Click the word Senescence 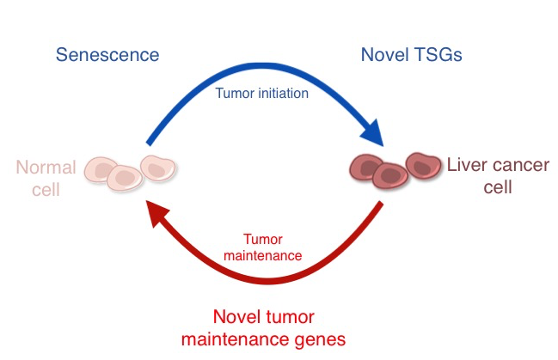[107, 56]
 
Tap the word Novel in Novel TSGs [383, 56]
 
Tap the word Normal [46, 168]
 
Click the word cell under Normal [46, 188]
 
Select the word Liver [464, 164]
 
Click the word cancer [519, 164]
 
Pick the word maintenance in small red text [262, 255]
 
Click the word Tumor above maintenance [262, 240]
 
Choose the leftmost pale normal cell [102, 170]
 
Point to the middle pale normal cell [125, 178]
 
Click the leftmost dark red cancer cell [365, 165]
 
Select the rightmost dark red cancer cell [422, 165]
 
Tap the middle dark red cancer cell [390, 175]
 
